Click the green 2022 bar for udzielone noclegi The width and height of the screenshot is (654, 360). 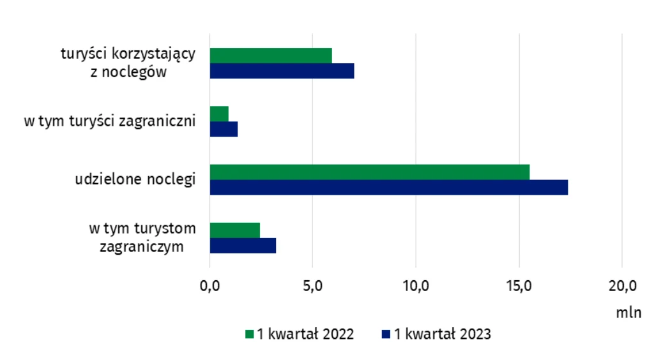click(369, 172)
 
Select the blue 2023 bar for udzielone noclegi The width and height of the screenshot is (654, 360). click(388, 187)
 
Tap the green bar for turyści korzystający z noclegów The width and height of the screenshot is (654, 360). click(271, 56)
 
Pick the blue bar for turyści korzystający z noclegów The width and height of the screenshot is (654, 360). click(282, 71)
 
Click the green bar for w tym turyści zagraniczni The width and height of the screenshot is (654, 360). click(219, 114)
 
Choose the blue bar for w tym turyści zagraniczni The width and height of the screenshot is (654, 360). click(224, 129)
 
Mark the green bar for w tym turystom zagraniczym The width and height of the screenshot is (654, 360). click(234, 230)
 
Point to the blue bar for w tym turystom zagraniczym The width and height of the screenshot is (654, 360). click(243, 246)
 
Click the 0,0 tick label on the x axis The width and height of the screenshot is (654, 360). click(209, 285)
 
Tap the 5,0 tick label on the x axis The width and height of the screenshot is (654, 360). click(312, 285)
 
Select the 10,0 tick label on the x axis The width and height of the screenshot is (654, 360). click(415, 285)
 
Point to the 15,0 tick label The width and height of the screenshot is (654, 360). click(519, 285)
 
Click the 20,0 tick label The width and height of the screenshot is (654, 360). click(621, 285)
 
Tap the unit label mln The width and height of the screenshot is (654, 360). click(628, 313)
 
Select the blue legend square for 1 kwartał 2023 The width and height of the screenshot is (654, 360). click(386, 334)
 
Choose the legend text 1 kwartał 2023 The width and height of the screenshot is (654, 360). click(442, 334)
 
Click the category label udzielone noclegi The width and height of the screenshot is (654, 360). click(135, 179)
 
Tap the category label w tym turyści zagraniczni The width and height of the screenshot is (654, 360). click(109, 121)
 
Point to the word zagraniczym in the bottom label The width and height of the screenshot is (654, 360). click(142, 246)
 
